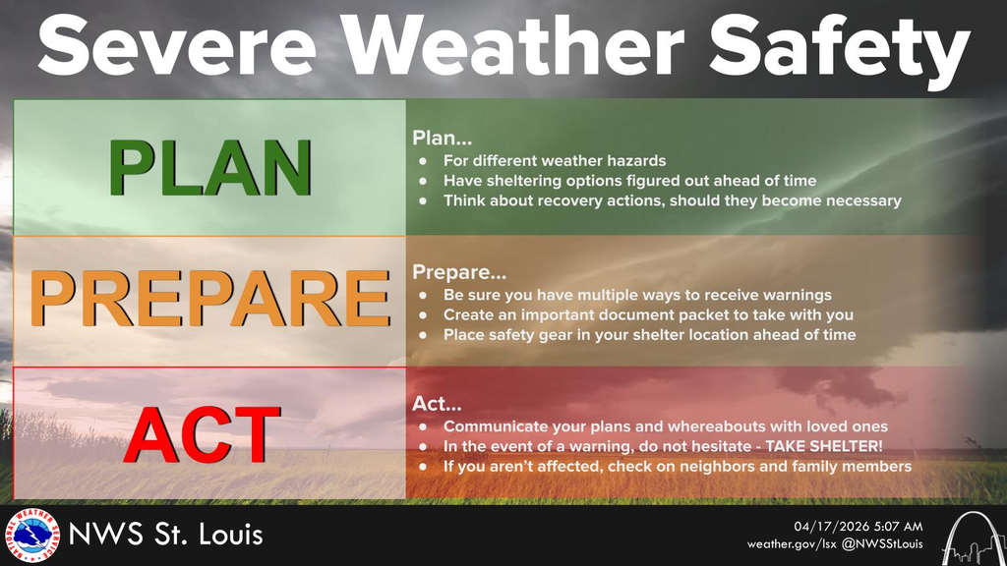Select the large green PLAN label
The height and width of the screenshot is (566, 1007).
point(209,168)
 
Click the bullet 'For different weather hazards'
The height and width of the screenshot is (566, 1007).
point(555,161)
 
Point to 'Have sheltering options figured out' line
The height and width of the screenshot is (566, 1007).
point(629,181)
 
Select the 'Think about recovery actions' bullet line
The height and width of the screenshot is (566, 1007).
point(672,200)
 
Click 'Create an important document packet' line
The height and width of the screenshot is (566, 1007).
point(648,314)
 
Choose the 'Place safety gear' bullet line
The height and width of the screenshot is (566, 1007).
point(649,334)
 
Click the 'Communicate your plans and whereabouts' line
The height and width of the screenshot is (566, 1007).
point(665,426)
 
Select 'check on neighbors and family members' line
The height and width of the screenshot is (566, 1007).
point(677,466)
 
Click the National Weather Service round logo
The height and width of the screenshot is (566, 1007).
point(30,536)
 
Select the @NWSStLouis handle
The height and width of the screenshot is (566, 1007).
point(882,544)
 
